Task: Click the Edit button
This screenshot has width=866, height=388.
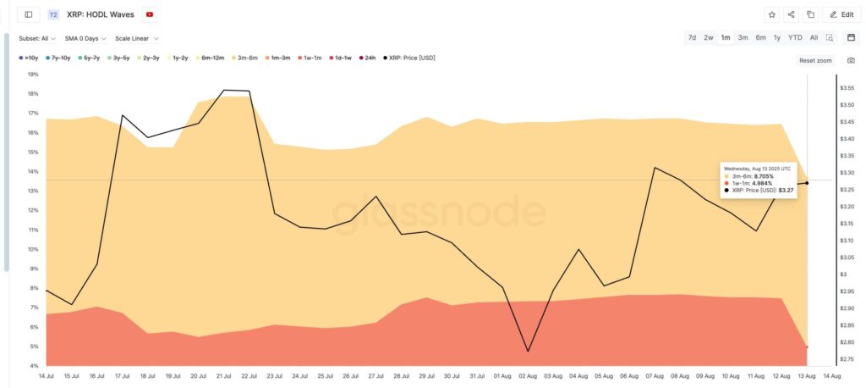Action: (x=841, y=14)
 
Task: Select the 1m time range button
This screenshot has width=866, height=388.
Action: (x=726, y=37)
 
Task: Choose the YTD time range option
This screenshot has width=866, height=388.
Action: (x=795, y=37)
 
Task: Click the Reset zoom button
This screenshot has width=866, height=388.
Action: (x=815, y=61)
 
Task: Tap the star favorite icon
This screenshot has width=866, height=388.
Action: (x=771, y=14)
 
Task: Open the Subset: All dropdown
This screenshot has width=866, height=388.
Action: (x=37, y=38)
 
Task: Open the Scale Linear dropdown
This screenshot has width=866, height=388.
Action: (x=137, y=38)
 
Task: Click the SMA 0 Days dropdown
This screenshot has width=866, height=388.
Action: (x=85, y=38)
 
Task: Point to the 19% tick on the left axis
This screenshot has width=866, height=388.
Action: (x=33, y=75)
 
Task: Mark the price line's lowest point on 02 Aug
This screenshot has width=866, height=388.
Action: (x=528, y=351)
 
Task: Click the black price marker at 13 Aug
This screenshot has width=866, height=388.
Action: (x=807, y=183)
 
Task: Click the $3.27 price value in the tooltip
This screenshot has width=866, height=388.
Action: (x=786, y=191)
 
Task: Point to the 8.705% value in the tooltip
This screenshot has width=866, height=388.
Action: (x=765, y=175)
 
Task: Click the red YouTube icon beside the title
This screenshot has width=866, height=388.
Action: (x=150, y=14)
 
